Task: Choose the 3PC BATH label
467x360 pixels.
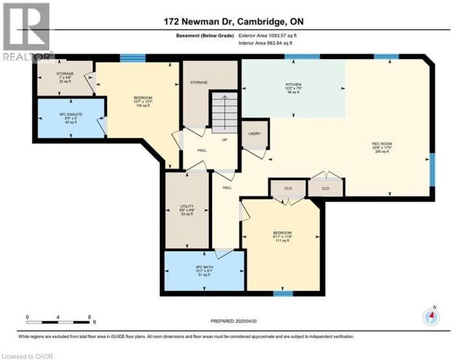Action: (x=204, y=268)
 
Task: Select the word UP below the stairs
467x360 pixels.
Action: (x=225, y=139)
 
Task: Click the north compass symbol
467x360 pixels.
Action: (x=431, y=317)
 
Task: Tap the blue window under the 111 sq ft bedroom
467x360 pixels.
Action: (x=281, y=293)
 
